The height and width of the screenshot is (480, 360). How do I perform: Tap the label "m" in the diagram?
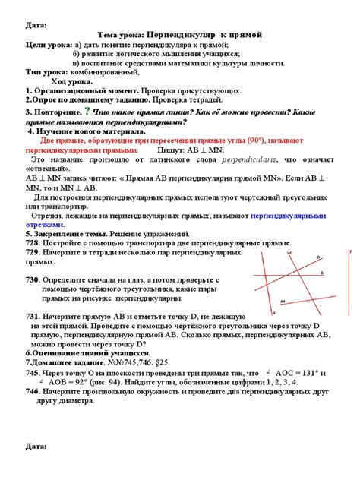pos(283,302)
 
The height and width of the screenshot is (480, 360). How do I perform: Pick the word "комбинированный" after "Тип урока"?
pos(105,72)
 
